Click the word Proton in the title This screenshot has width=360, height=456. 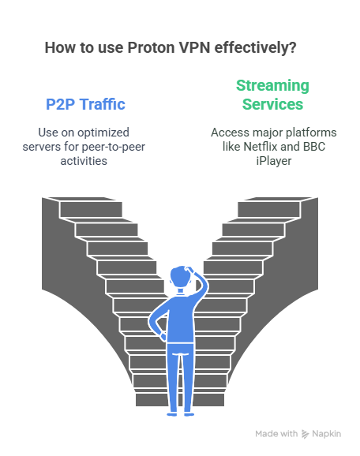[x=151, y=47]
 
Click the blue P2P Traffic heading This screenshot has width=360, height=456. [x=85, y=104]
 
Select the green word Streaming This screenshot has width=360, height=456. [x=272, y=86]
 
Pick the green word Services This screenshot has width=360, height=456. [x=272, y=104]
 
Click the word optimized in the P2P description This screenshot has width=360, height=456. [x=103, y=133]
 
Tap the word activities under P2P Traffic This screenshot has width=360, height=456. [x=84, y=161]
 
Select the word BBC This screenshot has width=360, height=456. [x=314, y=147]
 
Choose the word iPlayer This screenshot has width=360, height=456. [x=274, y=161]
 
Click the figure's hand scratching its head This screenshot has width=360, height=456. [x=190, y=270]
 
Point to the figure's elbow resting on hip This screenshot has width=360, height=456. [x=152, y=321]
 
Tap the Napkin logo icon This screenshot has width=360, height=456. [x=305, y=434]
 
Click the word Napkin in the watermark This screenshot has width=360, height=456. [x=327, y=434]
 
